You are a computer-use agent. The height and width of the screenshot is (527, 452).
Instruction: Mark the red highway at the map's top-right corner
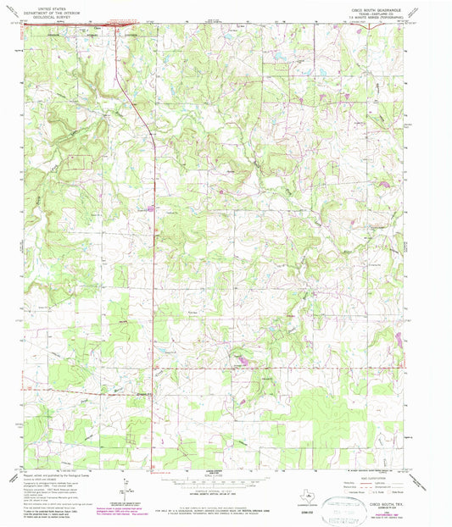coord(370,26)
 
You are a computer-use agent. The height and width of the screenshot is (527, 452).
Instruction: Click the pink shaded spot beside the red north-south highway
coord(152,206)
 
